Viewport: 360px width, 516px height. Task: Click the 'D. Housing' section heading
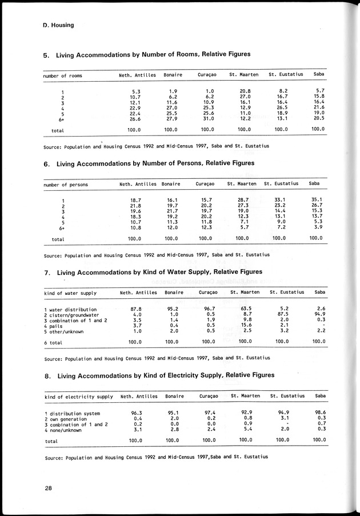click(x=58, y=25)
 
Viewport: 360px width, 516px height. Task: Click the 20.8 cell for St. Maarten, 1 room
click(x=245, y=91)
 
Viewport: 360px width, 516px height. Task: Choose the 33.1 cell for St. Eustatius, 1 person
click(x=279, y=199)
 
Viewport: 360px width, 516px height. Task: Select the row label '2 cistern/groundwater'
click(x=71, y=315)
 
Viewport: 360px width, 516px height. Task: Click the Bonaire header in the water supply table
click(x=174, y=293)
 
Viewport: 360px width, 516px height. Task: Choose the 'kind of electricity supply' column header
click(x=78, y=396)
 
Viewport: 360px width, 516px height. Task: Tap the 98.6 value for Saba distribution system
click(x=319, y=413)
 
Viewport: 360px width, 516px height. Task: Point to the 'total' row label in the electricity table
click(x=51, y=441)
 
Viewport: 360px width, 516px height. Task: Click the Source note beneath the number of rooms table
click(x=156, y=146)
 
